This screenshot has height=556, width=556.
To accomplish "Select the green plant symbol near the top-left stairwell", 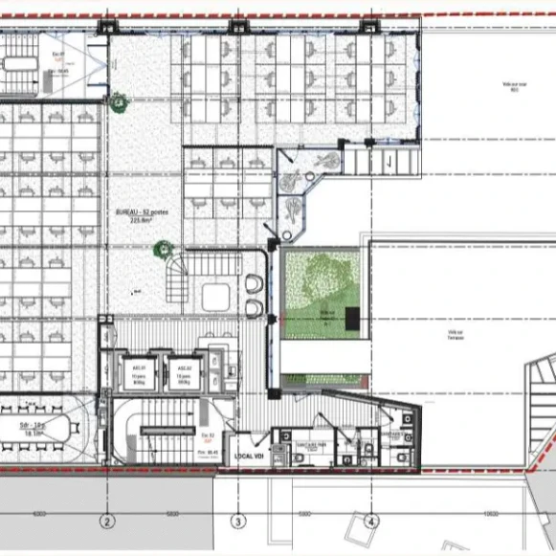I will click(x=117, y=98).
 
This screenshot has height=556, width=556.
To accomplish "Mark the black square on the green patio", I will click(x=353, y=319).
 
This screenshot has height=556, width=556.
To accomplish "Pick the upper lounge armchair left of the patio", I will click(x=253, y=285).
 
